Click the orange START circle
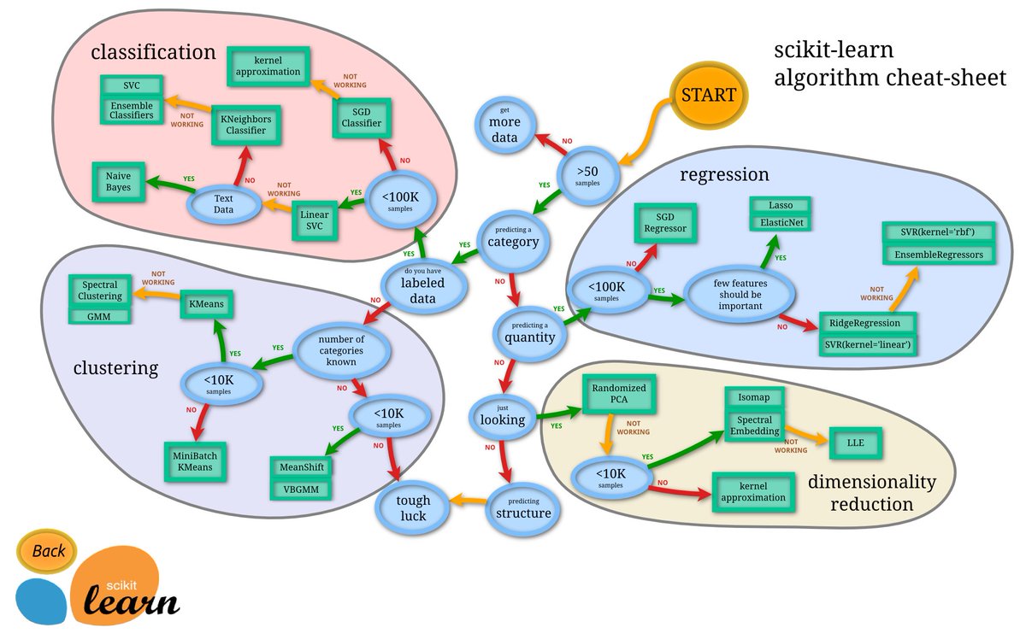tap(708, 96)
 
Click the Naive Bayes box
tap(119, 181)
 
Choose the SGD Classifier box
tap(362, 118)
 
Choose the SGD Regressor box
tap(666, 224)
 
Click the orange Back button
tap(49, 551)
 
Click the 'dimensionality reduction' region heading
tap(871, 493)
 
